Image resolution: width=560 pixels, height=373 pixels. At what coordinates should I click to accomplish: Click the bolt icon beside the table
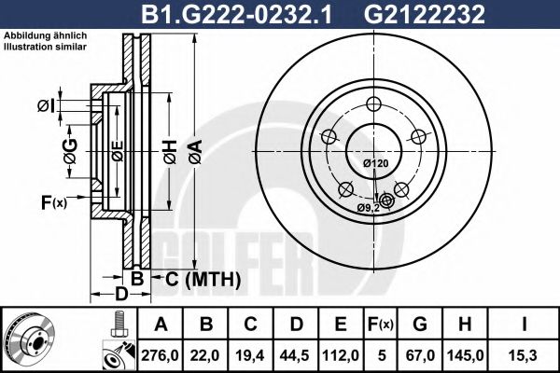pyautogui.click(x=119, y=327)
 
